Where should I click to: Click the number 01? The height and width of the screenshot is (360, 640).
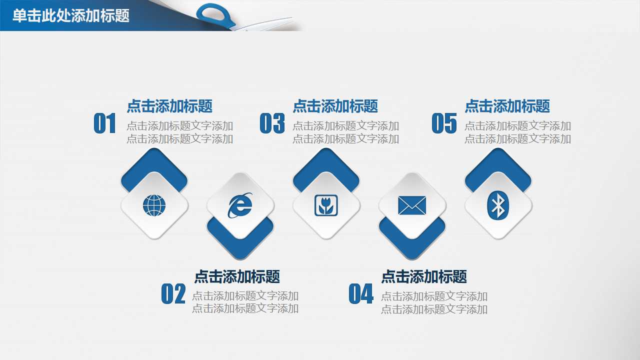105,123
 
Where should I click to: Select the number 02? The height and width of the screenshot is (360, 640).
173,294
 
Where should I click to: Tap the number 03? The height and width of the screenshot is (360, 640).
272,123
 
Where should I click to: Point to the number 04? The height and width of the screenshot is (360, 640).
361,294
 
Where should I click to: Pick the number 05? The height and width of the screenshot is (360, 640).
444,123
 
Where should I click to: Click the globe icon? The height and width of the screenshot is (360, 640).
154,205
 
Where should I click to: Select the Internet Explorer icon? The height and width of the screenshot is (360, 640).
240,205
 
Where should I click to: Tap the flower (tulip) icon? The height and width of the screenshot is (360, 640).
326,205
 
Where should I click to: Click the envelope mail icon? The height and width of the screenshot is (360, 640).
412,205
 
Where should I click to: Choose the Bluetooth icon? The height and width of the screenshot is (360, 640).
498,205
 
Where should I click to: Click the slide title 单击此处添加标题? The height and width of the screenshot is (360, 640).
70,16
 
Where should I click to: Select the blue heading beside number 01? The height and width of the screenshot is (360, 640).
169,106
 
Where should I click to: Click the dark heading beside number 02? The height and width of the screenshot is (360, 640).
237,276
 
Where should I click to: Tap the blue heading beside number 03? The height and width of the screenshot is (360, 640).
335,106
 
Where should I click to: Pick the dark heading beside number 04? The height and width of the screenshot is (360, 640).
424,276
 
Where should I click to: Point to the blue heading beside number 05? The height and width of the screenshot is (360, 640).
507,106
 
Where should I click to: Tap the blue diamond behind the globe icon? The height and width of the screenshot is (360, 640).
154,162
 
